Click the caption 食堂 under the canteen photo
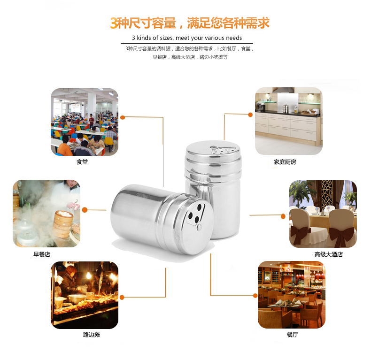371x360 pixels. click(82, 162)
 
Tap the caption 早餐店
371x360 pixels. click(42, 254)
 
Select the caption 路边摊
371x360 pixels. click(92, 335)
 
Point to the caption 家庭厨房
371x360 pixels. click(285, 162)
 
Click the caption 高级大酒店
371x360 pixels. click(328, 254)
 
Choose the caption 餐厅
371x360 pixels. click(293, 335)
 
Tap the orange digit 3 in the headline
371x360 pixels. click(114, 23)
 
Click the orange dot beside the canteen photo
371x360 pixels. click(123, 117)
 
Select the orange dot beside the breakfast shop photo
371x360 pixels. click(85, 210)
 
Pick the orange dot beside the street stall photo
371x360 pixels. click(122, 297)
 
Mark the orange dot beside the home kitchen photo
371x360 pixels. click(250, 115)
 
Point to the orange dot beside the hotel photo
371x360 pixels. click(283, 216)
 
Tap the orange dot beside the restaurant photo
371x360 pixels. click(255, 295)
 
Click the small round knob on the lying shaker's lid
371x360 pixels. click(200, 227)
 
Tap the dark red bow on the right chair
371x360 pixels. click(341, 235)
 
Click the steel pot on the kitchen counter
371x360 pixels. click(286, 108)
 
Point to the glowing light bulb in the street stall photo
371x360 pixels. click(89, 276)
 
